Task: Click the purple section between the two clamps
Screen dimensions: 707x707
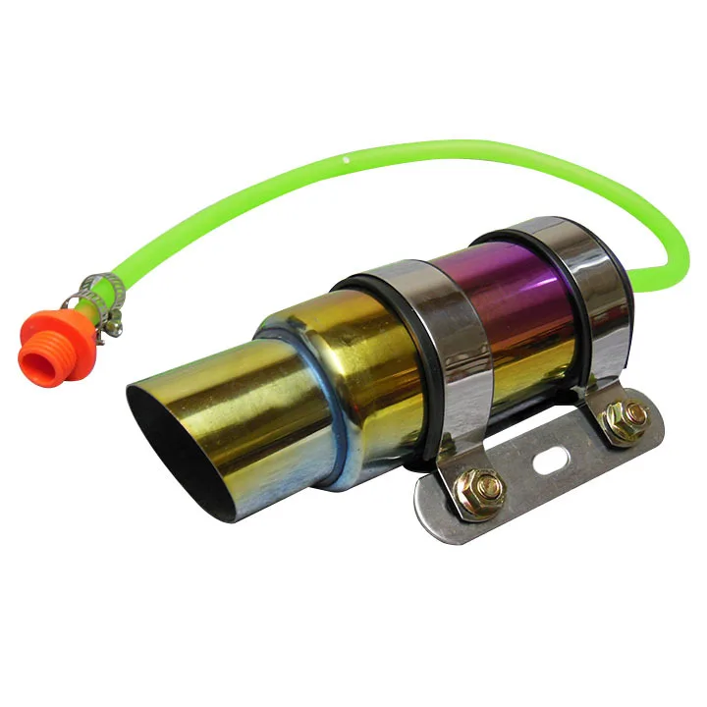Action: click(511, 314)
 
